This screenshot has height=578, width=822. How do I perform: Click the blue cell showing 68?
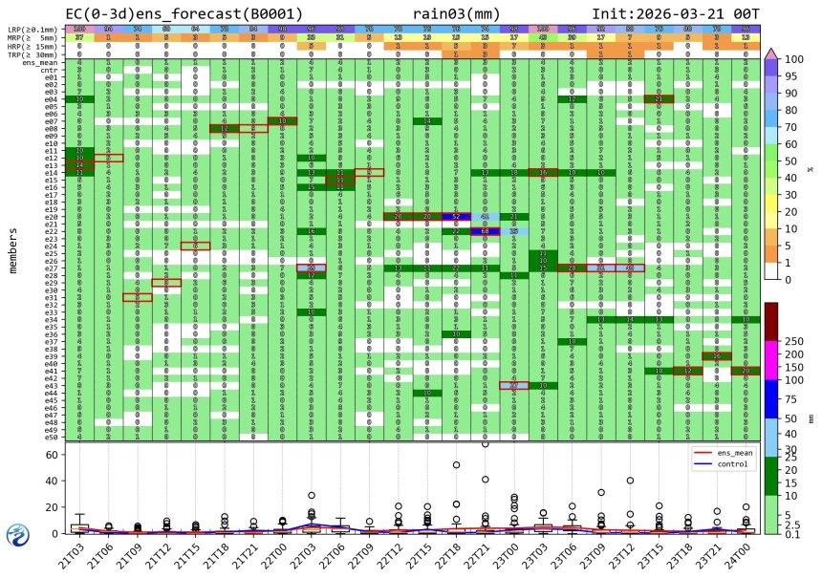[x=486, y=230]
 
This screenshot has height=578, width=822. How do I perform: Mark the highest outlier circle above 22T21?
[x=486, y=443]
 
